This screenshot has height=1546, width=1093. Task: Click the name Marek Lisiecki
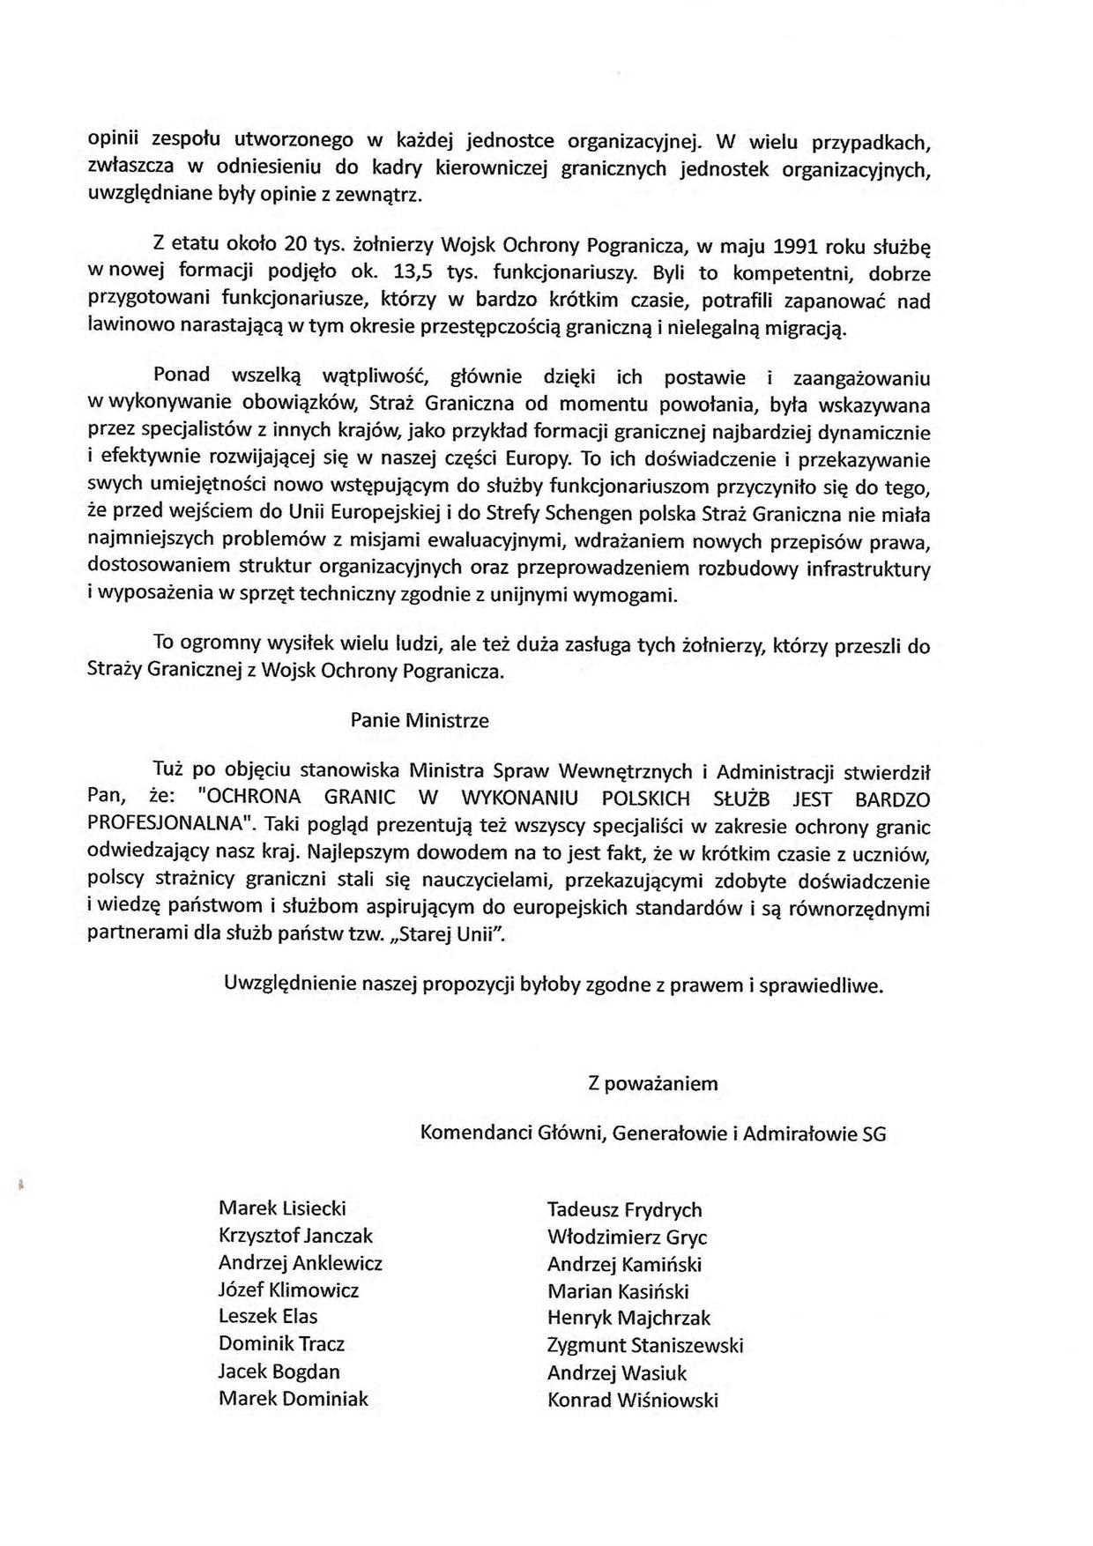point(282,1208)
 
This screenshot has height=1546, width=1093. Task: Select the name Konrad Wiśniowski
point(632,1400)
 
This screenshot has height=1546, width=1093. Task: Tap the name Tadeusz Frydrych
point(624,1209)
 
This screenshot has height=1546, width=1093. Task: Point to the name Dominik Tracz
point(281,1343)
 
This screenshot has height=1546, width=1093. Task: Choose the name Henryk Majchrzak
point(628,1318)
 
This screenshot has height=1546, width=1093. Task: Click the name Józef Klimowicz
point(288,1290)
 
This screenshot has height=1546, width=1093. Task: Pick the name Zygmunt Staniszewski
point(645,1345)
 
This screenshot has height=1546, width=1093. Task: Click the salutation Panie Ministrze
point(420,719)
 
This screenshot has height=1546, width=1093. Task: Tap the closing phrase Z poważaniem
point(653,1083)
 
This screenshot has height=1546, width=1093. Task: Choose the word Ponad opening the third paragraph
point(182,374)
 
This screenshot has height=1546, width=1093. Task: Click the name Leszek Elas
point(268,1316)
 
